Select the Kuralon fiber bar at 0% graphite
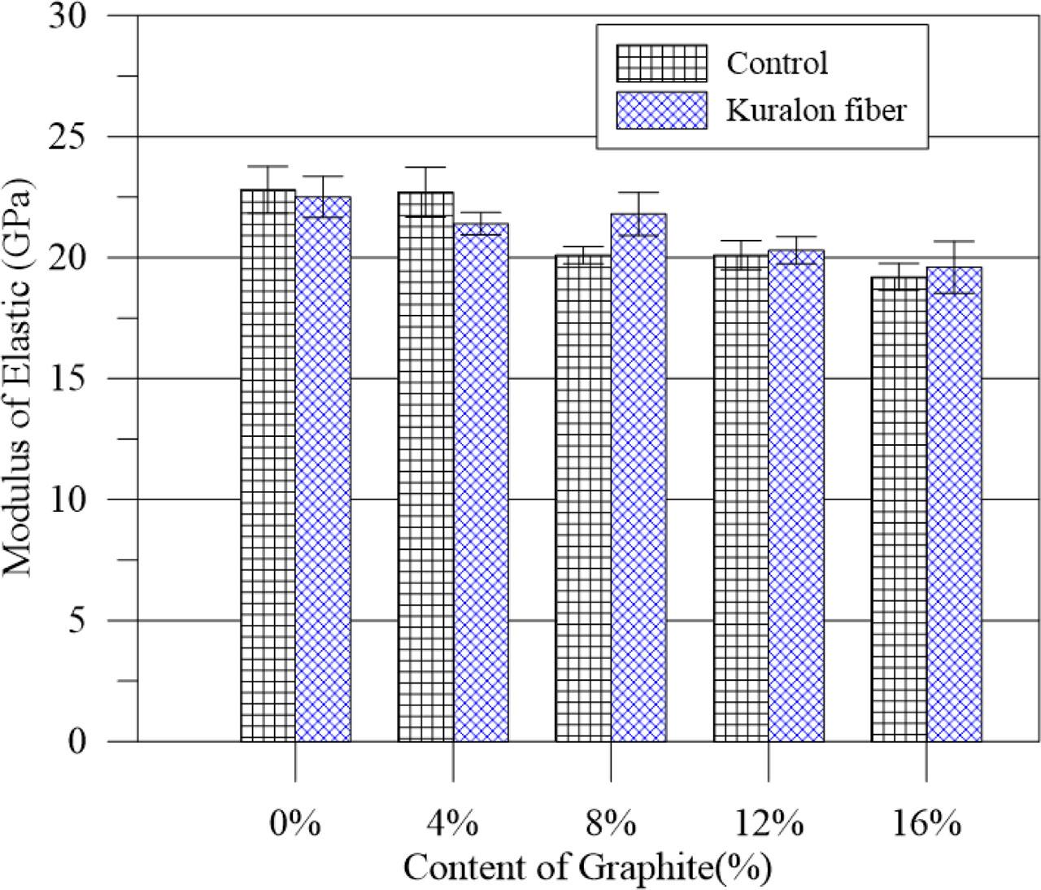(x=323, y=469)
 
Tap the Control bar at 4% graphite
(x=425, y=466)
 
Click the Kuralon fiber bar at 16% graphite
(x=954, y=504)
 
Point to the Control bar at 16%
(x=899, y=508)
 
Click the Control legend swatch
(x=661, y=63)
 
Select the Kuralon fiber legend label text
(x=816, y=110)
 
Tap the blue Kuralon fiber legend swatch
(x=661, y=110)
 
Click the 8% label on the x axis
(x=610, y=826)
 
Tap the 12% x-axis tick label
(x=768, y=826)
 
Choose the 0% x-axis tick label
(x=294, y=826)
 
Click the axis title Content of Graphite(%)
(x=586, y=868)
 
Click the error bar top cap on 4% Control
(x=425, y=168)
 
